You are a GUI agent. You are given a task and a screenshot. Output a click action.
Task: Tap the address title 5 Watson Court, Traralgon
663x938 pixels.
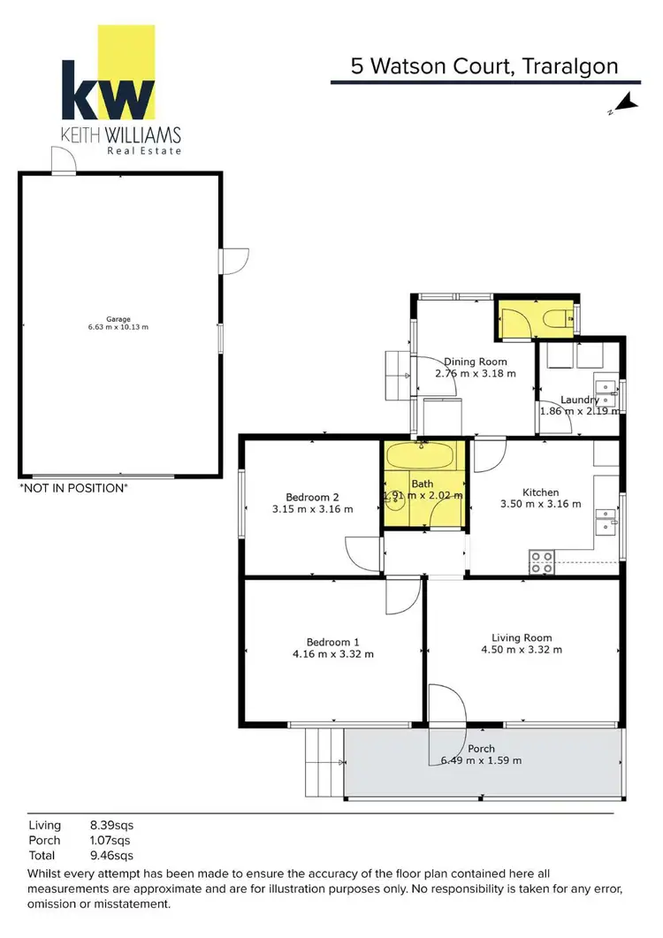pos(481,65)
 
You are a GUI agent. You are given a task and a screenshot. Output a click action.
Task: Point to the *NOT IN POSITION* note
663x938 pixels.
pos(73,488)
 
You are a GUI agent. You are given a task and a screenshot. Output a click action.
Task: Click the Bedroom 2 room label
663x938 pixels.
pos(312,497)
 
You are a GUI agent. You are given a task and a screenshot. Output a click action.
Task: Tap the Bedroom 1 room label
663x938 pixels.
pos(332,642)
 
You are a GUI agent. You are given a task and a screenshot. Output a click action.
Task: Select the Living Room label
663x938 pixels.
pos(522,637)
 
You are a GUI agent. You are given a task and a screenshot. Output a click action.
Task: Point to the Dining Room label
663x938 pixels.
pos(475,362)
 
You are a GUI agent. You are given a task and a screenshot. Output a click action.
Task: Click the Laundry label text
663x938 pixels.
pos(579,400)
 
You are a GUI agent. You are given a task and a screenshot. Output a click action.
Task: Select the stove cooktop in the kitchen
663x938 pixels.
pos(541,561)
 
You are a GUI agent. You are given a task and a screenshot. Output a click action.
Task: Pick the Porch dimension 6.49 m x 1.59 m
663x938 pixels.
pos(481,760)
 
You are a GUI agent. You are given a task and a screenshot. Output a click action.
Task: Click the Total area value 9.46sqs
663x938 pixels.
pos(112,856)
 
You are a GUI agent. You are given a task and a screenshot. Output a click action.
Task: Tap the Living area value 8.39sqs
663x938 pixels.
pos(112,826)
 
